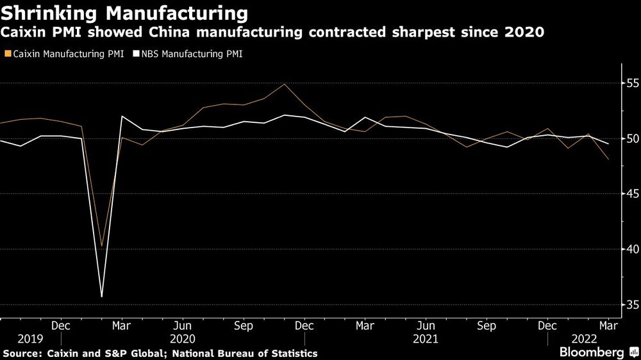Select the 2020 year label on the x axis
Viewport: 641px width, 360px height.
point(183,338)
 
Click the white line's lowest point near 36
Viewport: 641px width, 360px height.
point(101,297)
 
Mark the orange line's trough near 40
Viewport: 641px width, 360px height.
point(101,246)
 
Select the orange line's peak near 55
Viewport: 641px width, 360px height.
point(285,84)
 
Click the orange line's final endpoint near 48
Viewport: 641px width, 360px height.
point(608,159)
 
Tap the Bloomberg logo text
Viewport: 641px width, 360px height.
point(592,352)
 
